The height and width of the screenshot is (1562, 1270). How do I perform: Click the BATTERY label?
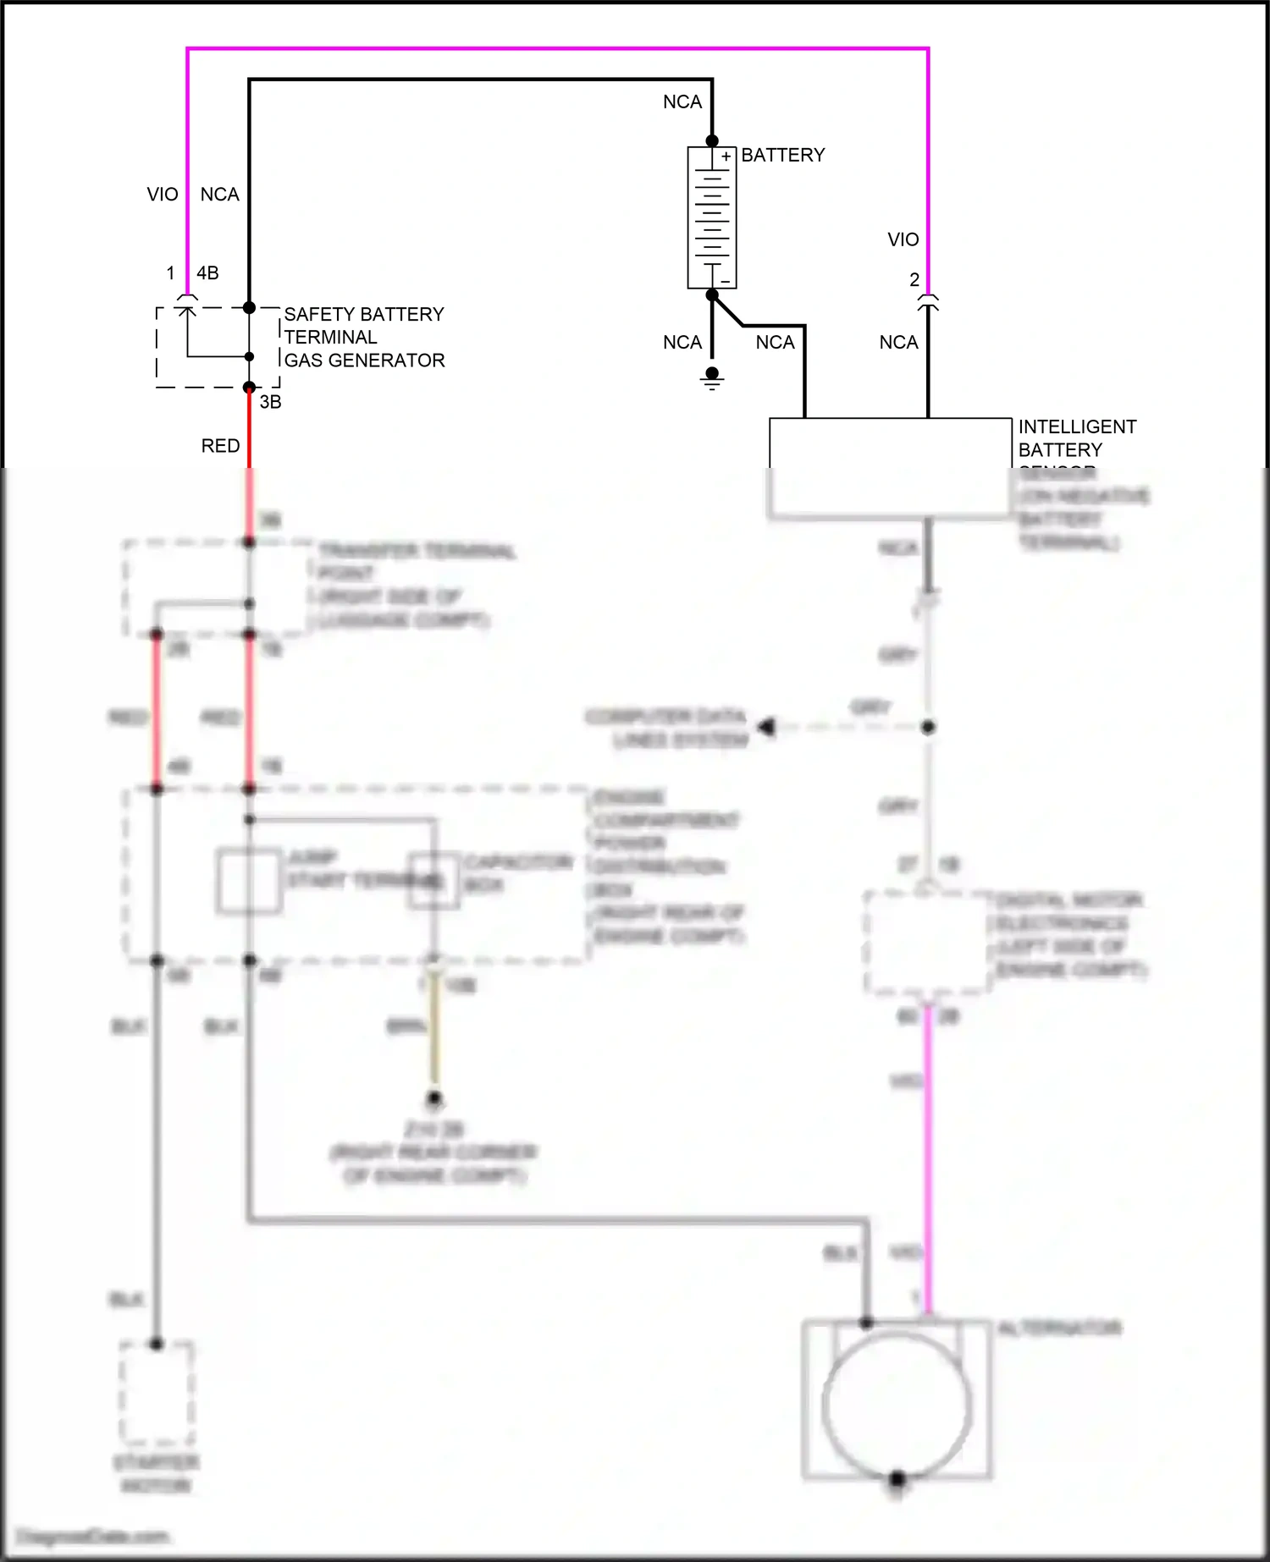tap(782, 156)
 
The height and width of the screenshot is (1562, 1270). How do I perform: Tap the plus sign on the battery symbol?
tap(726, 157)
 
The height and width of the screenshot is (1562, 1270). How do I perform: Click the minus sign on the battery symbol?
tap(725, 281)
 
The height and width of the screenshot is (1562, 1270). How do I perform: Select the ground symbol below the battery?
tap(712, 379)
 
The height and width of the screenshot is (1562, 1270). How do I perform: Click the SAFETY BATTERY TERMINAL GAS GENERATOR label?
tap(364, 337)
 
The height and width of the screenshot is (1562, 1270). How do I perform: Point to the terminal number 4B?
tap(207, 273)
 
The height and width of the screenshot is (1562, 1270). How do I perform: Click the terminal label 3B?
tap(270, 403)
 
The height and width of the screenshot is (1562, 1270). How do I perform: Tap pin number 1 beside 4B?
tap(170, 273)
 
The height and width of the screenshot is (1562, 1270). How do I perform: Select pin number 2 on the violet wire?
tap(914, 280)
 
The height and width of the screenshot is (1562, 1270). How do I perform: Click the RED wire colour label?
tap(220, 446)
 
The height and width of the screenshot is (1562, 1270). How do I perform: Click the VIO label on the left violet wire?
tap(163, 195)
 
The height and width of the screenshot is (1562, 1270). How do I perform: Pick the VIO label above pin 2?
tap(903, 240)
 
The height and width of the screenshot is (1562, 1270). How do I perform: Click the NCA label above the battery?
tap(682, 102)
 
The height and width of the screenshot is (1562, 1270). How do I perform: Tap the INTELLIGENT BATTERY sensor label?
tap(1076, 438)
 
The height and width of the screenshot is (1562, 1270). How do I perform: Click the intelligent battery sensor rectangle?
tap(890, 465)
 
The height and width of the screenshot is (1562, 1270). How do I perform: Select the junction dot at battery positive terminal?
tap(712, 141)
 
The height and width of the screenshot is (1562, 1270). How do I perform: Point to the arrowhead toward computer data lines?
tap(766, 727)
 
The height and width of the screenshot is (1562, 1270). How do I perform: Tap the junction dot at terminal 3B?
tap(249, 388)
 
